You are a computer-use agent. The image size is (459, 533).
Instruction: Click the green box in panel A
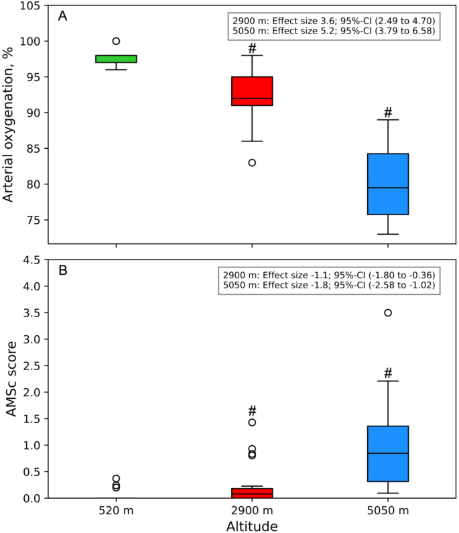click(x=116, y=59)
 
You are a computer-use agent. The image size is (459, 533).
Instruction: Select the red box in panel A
click(x=252, y=91)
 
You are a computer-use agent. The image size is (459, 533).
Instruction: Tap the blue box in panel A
click(x=388, y=184)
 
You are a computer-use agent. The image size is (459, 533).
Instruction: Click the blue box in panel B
click(x=388, y=454)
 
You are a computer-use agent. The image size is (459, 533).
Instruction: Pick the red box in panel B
click(x=252, y=493)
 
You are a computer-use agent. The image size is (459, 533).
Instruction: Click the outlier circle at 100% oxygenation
click(x=116, y=42)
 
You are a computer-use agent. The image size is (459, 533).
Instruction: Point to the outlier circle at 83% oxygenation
click(x=252, y=162)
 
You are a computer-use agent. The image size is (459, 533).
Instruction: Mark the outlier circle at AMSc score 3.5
click(x=388, y=313)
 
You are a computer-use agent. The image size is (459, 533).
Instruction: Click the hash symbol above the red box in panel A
click(x=252, y=48)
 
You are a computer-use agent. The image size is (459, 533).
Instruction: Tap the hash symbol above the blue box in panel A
click(x=388, y=112)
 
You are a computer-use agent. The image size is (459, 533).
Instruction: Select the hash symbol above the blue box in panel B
click(x=388, y=373)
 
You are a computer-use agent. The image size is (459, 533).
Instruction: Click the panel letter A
click(x=62, y=16)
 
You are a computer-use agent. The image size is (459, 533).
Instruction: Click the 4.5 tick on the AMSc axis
click(x=31, y=260)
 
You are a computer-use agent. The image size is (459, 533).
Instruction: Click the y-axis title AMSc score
click(x=11, y=379)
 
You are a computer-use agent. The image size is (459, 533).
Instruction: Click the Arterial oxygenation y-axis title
click(x=9, y=125)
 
